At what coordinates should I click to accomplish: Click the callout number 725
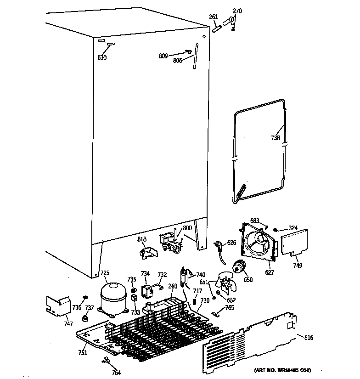(105, 273)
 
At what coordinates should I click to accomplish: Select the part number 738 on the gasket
(276, 137)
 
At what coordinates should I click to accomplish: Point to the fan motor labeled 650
(239, 267)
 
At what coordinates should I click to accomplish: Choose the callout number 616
(309, 338)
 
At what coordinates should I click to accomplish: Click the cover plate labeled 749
(293, 242)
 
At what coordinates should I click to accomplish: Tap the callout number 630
(102, 58)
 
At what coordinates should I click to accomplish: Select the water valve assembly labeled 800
(168, 242)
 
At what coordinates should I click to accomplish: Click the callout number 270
(237, 11)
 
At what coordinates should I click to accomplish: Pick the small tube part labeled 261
(216, 28)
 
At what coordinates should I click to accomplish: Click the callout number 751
(82, 353)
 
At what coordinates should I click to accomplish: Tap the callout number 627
(269, 272)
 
